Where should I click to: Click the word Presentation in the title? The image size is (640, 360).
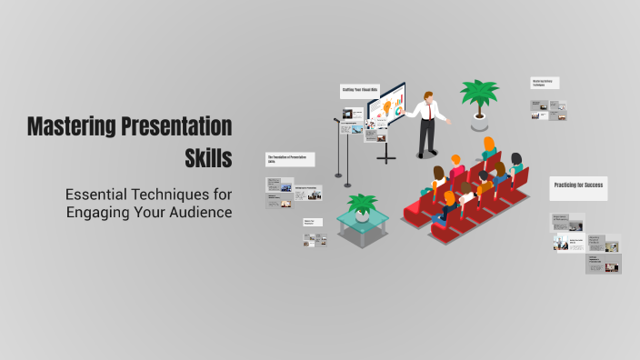pos(177,127)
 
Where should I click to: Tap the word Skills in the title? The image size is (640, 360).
pos(208,158)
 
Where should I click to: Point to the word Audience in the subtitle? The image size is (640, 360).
pos(201,212)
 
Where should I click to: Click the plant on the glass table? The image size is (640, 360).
pos(362,205)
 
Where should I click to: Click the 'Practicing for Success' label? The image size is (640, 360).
pos(577,185)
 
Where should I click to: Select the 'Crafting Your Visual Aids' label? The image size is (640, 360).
pos(359,91)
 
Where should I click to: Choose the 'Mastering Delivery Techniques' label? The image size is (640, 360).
pos(545,83)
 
